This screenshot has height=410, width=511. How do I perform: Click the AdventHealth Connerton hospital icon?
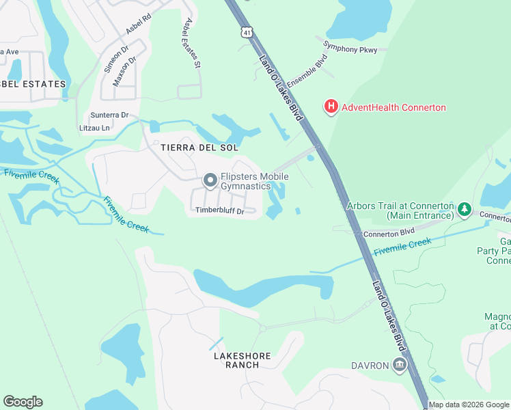(331, 107)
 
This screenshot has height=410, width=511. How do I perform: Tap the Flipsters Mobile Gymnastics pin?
(210, 181)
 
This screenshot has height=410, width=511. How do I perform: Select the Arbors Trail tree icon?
(465, 209)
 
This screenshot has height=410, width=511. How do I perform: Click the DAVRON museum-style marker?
(399, 366)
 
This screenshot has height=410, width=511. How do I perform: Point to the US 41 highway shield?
(245, 32)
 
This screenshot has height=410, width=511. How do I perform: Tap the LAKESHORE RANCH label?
(242, 360)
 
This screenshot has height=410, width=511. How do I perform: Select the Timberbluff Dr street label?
(219, 211)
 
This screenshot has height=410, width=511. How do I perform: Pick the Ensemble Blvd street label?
(307, 70)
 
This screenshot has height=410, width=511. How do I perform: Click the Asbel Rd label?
(137, 24)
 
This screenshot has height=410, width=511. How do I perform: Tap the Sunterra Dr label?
(109, 115)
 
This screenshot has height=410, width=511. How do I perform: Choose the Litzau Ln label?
(95, 128)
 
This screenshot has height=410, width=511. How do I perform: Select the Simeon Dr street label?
(115, 59)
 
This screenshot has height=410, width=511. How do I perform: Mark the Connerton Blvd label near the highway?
(389, 233)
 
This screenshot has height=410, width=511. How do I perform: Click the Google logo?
(23, 402)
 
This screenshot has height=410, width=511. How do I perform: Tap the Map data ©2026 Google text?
(469, 405)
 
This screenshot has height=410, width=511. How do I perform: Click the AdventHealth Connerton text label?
(393, 107)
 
